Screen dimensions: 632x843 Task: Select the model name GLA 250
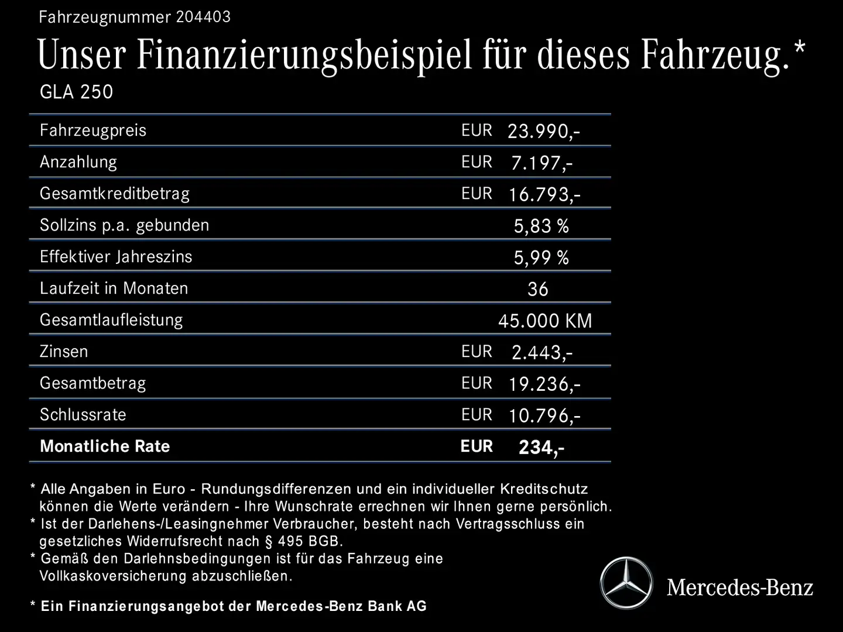(x=76, y=92)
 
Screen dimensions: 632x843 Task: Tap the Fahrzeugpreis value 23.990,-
(x=543, y=131)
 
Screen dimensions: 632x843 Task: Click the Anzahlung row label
(x=78, y=162)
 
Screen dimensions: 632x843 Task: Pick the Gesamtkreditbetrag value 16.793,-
(x=544, y=194)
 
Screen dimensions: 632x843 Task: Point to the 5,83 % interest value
(x=541, y=226)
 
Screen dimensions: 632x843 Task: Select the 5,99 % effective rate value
(x=541, y=257)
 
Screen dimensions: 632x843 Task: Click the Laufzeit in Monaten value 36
(x=537, y=289)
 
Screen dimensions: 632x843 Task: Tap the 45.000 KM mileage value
(x=545, y=321)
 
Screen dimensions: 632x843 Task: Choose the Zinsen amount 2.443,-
(x=542, y=352)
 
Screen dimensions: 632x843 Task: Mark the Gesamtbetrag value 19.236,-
(x=544, y=384)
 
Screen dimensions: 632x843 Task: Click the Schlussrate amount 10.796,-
(x=544, y=415)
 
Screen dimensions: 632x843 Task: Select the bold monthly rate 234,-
(x=542, y=448)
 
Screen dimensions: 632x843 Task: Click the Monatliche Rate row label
(x=105, y=446)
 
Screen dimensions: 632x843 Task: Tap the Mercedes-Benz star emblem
(x=626, y=583)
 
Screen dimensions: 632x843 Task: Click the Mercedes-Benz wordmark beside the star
(x=740, y=587)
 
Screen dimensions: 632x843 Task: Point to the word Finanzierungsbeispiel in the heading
(x=304, y=56)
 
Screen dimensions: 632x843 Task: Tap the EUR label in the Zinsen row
(x=477, y=352)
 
